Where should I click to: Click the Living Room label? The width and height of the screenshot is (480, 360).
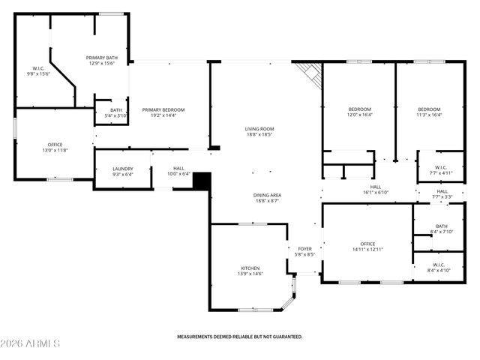[259, 129]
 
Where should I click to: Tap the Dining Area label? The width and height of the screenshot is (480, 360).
[267, 195]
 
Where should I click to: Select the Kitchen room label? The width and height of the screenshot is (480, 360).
[250, 268]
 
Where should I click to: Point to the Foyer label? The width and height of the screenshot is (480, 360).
[304, 248]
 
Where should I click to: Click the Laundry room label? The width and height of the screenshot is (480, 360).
[122, 169]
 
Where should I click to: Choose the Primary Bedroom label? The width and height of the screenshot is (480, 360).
[163, 109]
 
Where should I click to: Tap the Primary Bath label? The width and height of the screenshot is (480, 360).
[100, 58]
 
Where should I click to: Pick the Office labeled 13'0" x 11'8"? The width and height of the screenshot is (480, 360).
[55, 144]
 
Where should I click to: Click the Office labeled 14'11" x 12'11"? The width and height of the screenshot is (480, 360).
[367, 244]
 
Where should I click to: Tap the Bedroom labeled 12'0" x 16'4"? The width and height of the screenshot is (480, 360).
[360, 109]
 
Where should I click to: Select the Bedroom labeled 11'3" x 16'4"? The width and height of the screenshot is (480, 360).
[429, 109]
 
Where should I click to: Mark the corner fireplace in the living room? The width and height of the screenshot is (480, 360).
[309, 72]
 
